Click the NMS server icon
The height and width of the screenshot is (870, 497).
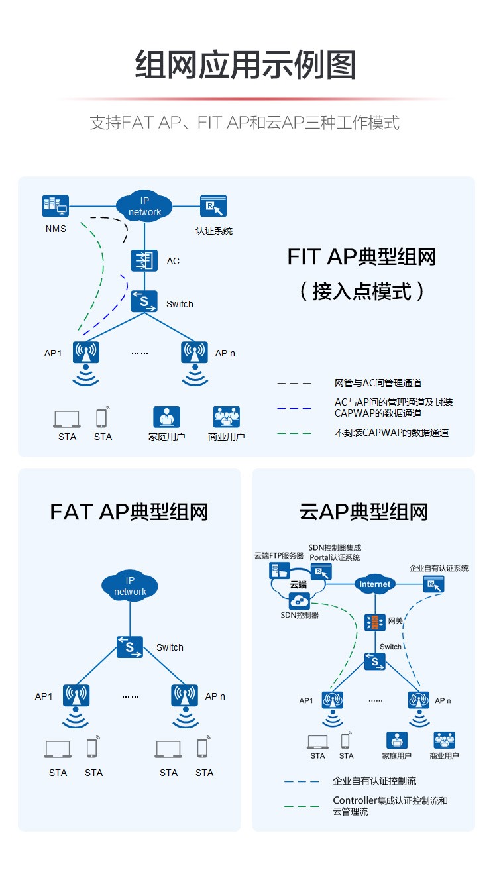click(55, 206)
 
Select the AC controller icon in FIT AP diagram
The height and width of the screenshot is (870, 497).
click(144, 260)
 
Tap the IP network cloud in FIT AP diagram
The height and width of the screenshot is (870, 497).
click(144, 206)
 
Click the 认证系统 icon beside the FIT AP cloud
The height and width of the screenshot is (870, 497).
click(213, 206)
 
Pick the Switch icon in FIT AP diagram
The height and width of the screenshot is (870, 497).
click(144, 302)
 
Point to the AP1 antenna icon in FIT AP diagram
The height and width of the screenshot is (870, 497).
click(86, 353)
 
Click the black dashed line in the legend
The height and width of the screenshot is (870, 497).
click(294, 384)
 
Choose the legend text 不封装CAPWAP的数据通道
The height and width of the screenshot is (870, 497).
click(392, 433)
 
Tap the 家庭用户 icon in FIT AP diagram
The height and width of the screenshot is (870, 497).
click(166, 417)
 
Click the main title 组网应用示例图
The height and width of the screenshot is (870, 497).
click(246, 65)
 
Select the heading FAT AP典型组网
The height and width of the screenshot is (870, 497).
click(129, 512)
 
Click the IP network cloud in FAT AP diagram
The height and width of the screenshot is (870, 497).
click(130, 585)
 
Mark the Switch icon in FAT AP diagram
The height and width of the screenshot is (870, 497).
click(130, 646)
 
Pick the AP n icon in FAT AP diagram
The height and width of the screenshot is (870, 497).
click(184, 696)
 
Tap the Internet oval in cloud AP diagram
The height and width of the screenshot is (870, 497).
click(375, 584)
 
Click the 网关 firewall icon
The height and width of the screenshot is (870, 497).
click(374, 622)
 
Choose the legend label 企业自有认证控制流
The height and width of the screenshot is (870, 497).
click(374, 781)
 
